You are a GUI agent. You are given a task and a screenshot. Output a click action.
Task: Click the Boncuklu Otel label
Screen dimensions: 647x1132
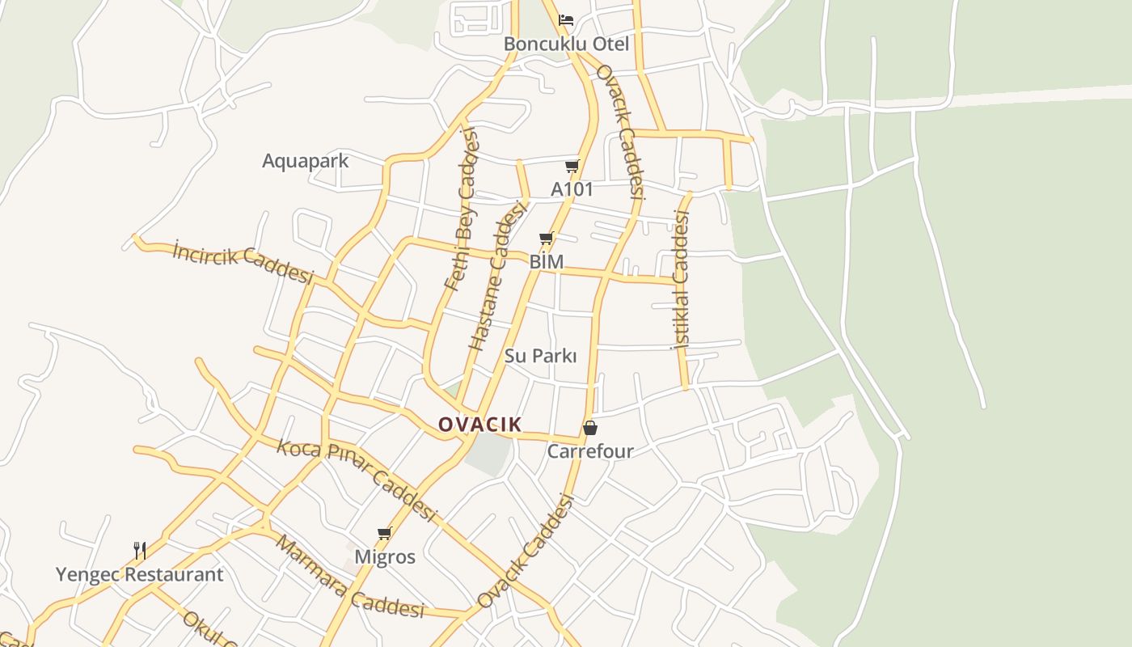click(566, 44)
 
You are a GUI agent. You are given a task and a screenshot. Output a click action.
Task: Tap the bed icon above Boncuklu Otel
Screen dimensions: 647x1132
click(566, 19)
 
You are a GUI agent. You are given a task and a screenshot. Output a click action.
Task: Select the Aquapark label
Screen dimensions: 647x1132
click(305, 161)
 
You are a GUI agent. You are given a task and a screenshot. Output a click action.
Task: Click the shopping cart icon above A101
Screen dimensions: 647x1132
click(572, 167)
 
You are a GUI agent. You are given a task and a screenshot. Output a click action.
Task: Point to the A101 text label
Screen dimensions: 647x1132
click(572, 189)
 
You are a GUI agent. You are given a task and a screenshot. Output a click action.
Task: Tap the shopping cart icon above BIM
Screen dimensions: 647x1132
click(547, 239)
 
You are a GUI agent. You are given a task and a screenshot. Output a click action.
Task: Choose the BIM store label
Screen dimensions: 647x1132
click(547, 262)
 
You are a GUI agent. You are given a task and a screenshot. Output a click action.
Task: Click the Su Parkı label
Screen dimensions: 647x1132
click(540, 356)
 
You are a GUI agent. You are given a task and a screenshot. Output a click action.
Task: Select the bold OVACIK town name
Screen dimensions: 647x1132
click(479, 425)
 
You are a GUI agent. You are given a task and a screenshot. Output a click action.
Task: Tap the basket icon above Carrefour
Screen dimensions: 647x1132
click(590, 428)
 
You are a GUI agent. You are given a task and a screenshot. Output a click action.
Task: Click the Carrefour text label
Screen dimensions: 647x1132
click(590, 451)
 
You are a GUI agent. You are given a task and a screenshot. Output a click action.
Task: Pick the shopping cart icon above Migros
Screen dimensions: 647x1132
click(385, 534)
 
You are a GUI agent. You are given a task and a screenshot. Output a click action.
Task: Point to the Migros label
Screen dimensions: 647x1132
click(385, 557)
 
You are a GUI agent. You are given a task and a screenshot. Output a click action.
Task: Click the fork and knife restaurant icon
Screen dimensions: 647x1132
click(140, 551)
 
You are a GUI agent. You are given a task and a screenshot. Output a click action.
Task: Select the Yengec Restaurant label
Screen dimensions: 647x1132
click(139, 575)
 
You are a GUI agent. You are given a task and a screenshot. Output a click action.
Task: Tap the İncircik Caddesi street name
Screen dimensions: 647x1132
click(243, 263)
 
